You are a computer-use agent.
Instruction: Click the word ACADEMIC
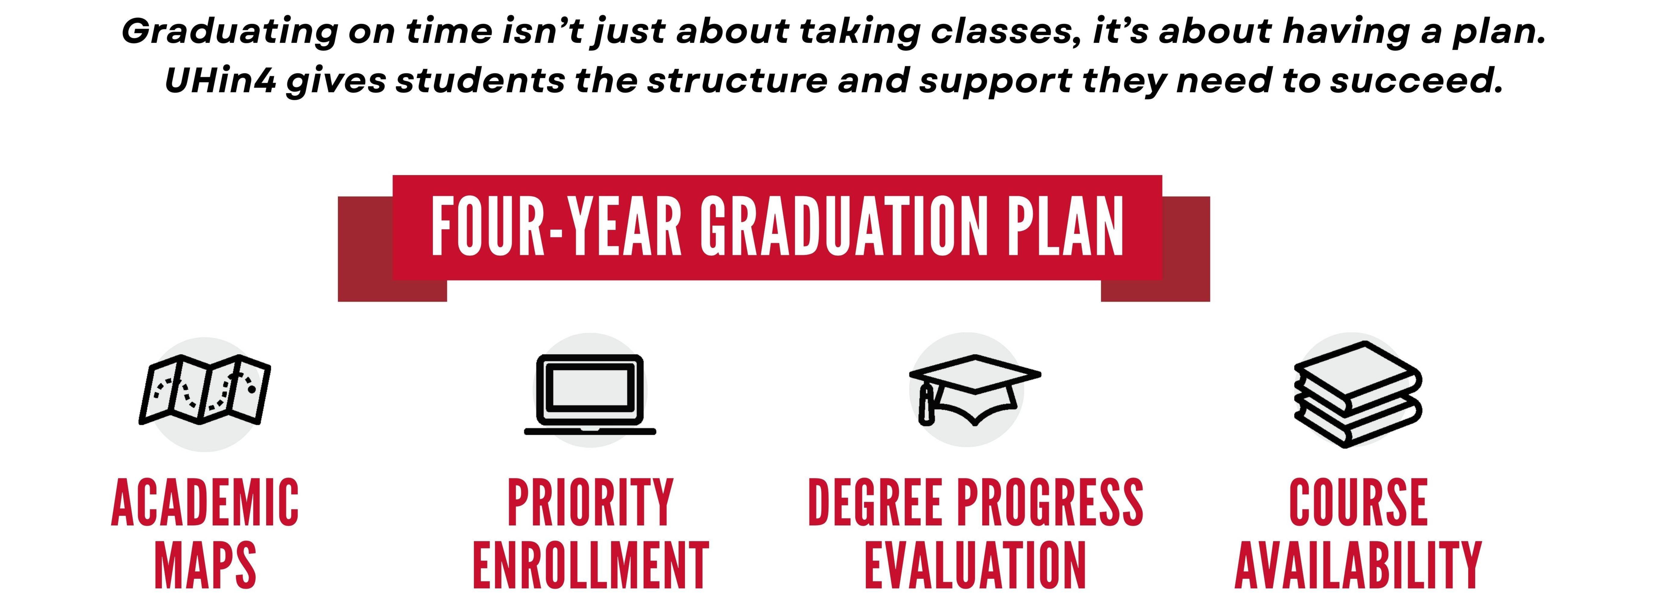coord(205,503)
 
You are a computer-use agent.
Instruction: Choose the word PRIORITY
coord(590,503)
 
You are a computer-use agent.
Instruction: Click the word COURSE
coord(1358,503)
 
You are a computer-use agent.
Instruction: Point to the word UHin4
coord(220,81)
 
